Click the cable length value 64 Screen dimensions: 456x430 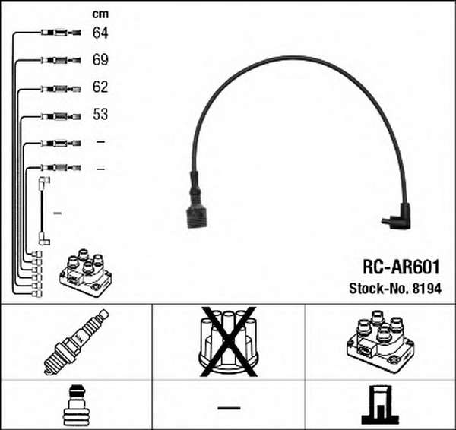(100, 33)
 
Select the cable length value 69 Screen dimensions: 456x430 (100, 59)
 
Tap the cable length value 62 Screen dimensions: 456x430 (100, 87)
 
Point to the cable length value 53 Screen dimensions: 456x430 (100, 114)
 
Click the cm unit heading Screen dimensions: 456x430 (100, 14)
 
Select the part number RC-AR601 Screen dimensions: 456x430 (401, 267)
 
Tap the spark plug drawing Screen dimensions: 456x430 (76, 342)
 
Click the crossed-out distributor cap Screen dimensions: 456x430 (228, 342)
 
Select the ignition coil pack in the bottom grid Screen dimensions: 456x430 (381, 341)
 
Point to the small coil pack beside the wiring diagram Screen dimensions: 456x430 (85, 273)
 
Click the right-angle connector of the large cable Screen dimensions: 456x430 (397, 217)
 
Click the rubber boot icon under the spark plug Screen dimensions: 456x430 (76, 405)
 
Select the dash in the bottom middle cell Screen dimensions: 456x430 (229, 408)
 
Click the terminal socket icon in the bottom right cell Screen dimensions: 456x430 (381, 404)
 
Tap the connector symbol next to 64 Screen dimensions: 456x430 (61, 33)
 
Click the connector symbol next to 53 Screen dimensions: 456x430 (61, 116)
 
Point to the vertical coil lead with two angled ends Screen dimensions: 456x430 (43, 211)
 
